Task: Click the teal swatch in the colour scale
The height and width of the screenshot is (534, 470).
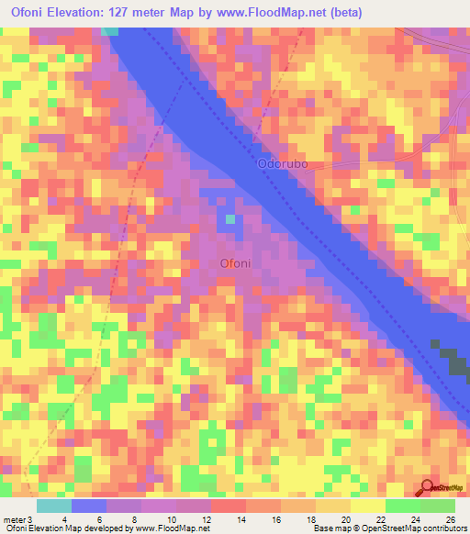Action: [54, 506]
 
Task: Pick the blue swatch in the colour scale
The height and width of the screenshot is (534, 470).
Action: [89, 506]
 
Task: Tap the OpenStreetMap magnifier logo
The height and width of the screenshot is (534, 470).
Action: [427, 488]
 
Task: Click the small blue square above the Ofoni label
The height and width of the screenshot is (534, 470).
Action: [230, 218]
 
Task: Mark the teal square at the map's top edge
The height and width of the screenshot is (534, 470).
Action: [110, 30]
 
